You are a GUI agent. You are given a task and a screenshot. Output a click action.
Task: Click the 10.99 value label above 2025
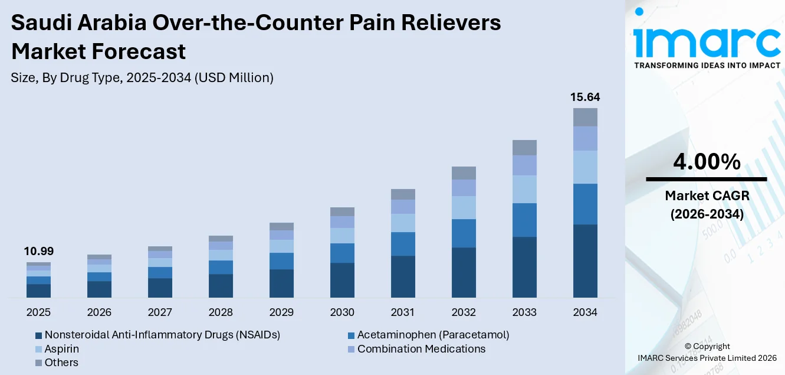click(38, 252)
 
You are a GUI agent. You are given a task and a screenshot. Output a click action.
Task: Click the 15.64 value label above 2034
click(584, 97)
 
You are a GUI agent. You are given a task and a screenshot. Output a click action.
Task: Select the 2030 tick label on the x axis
click(342, 312)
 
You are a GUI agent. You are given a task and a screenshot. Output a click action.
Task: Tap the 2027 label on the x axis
click(160, 312)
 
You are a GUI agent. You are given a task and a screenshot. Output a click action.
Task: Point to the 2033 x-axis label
click(524, 312)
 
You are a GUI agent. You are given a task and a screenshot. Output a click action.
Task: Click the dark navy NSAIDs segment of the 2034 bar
click(584, 260)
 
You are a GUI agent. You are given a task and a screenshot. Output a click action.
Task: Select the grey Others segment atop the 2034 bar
click(584, 117)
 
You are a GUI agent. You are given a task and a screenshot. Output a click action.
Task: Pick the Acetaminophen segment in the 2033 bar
click(524, 220)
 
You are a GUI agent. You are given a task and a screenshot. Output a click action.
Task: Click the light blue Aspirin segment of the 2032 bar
click(464, 207)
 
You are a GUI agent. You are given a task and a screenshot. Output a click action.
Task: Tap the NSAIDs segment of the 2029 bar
click(281, 283)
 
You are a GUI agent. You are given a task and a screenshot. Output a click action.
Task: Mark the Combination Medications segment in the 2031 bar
click(403, 207)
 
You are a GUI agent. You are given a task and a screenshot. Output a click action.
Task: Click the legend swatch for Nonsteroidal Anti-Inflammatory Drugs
click(38, 335)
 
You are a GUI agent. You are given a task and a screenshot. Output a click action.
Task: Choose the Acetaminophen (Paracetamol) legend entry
click(433, 335)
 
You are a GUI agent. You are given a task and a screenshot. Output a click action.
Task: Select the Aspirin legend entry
click(61, 349)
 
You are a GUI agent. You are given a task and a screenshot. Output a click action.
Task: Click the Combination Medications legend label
click(421, 349)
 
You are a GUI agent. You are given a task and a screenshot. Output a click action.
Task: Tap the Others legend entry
click(61, 363)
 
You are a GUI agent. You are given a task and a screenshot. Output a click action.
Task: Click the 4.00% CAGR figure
click(706, 161)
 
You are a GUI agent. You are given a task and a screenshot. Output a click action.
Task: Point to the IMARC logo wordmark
click(707, 41)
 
